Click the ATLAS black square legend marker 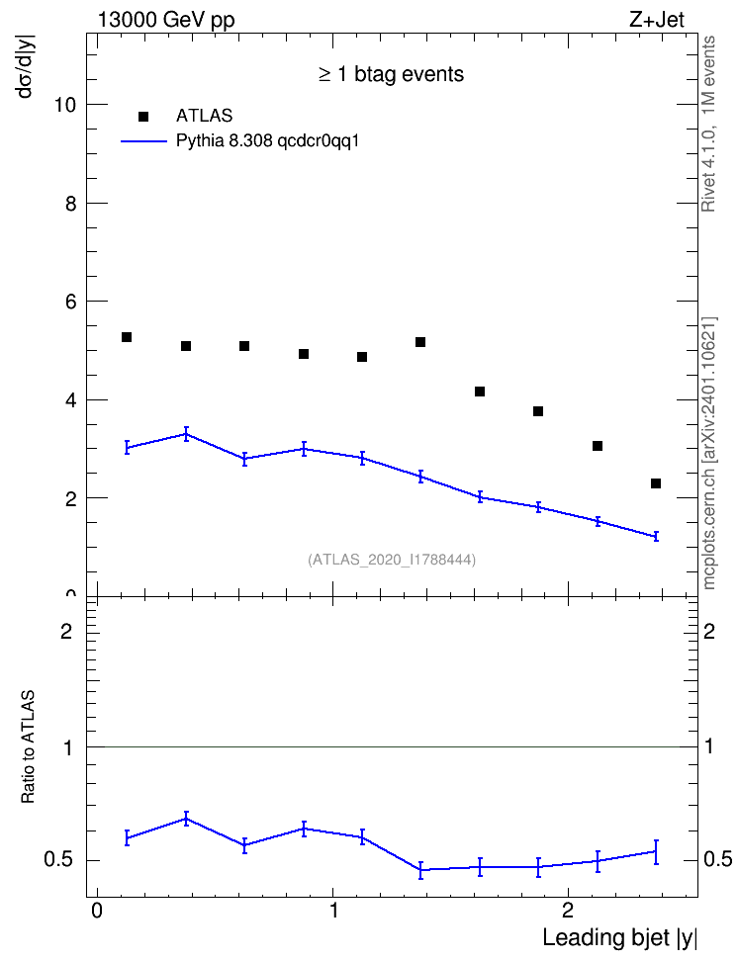[x=142, y=117]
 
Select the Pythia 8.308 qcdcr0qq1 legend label [x=267, y=141]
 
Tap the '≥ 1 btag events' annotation [x=391, y=74]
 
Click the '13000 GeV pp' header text [x=166, y=20]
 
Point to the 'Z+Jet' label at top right [x=657, y=20]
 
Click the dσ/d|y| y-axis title [x=27, y=66]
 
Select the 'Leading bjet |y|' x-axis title [x=619, y=937]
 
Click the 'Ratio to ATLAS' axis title [x=28, y=746]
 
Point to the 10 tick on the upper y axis [x=64, y=105]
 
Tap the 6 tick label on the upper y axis [x=70, y=302]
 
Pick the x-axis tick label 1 [x=333, y=911]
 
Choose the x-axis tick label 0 [x=97, y=911]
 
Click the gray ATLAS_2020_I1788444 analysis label [x=392, y=560]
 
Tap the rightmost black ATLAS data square [x=656, y=483]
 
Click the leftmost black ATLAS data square [x=127, y=337]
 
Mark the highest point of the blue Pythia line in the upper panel [x=186, y=434]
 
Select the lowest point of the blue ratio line [x=420, y=870]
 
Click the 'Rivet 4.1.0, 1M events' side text [x=708, y=124]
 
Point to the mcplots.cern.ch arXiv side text [x=709, y=453]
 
